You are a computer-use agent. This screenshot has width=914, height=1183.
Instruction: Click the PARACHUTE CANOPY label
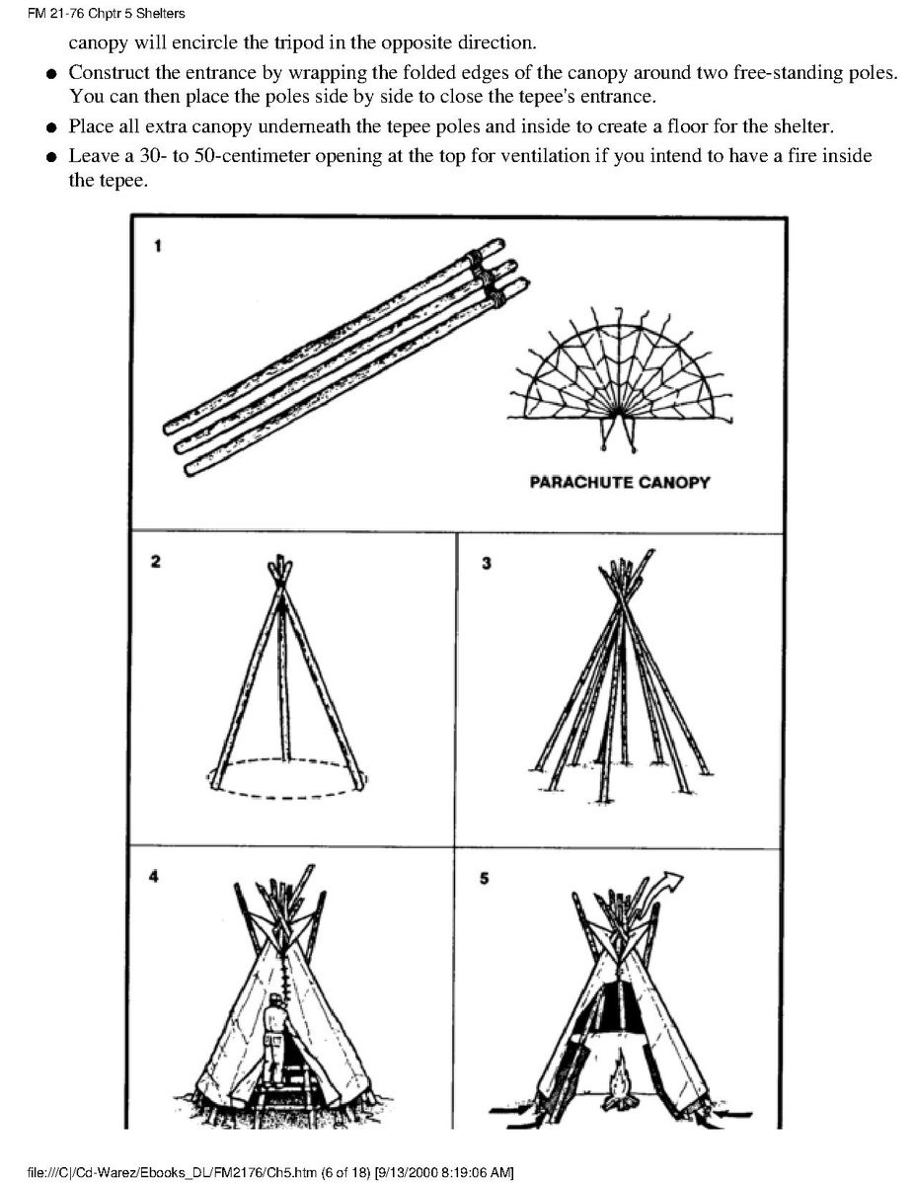coord(619,483)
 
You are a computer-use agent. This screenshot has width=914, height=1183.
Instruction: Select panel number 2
coord(154,562)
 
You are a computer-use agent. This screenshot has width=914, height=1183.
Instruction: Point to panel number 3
coord(485,563)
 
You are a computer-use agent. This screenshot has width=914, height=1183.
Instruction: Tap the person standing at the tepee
coord(275,1037)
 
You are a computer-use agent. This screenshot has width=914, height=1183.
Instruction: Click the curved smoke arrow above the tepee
coord(671,883)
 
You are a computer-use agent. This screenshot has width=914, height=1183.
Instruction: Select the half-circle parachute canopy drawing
coord(619,375)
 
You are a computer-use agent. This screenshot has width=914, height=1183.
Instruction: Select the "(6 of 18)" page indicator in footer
coord(334,1172)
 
